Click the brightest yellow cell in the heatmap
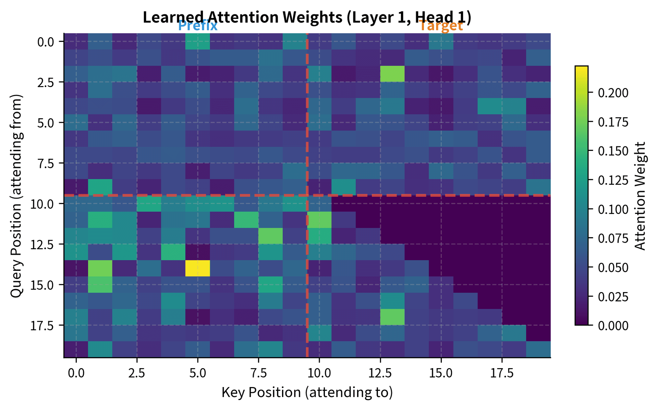(198, 268)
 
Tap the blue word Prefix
(198, 26)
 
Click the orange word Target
(441, 26)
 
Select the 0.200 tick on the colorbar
(613, 93)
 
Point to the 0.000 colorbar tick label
(613, 325)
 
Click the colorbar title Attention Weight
(640, 196)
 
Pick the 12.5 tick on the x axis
(380, 373)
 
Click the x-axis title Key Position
(307, 392)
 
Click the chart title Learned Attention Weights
(307, 17)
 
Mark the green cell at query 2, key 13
(392, 74)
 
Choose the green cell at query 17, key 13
(392, 317)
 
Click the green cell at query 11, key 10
(319, 220)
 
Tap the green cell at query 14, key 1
(100, 268)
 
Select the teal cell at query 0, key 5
(198, 41)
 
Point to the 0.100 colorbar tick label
(613, 209)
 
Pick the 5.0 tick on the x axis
(198, 373)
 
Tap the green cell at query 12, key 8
(271, 236)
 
